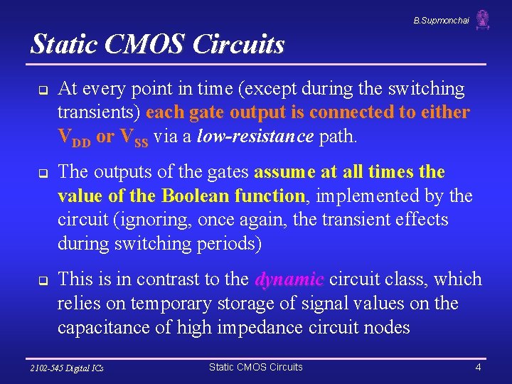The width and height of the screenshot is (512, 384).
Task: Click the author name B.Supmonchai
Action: coord(441,21)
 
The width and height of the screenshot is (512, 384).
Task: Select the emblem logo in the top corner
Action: coord(483,19)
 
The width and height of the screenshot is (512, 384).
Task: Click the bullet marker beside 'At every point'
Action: coord(42,90)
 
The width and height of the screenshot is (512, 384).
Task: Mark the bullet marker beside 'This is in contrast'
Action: coord(42,280)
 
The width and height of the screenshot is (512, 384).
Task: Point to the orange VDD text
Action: coord(74,137)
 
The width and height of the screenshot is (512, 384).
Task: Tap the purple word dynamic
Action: coord(289,279)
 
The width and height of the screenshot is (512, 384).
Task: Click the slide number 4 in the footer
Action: coord(479,367)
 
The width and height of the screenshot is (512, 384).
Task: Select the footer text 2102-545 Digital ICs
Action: coord(67,368)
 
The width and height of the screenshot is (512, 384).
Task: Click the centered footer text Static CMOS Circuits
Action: coord(255,367)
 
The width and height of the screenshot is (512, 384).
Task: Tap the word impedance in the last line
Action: coord(258,327)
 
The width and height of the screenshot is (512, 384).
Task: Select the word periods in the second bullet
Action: coord(229,244)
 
